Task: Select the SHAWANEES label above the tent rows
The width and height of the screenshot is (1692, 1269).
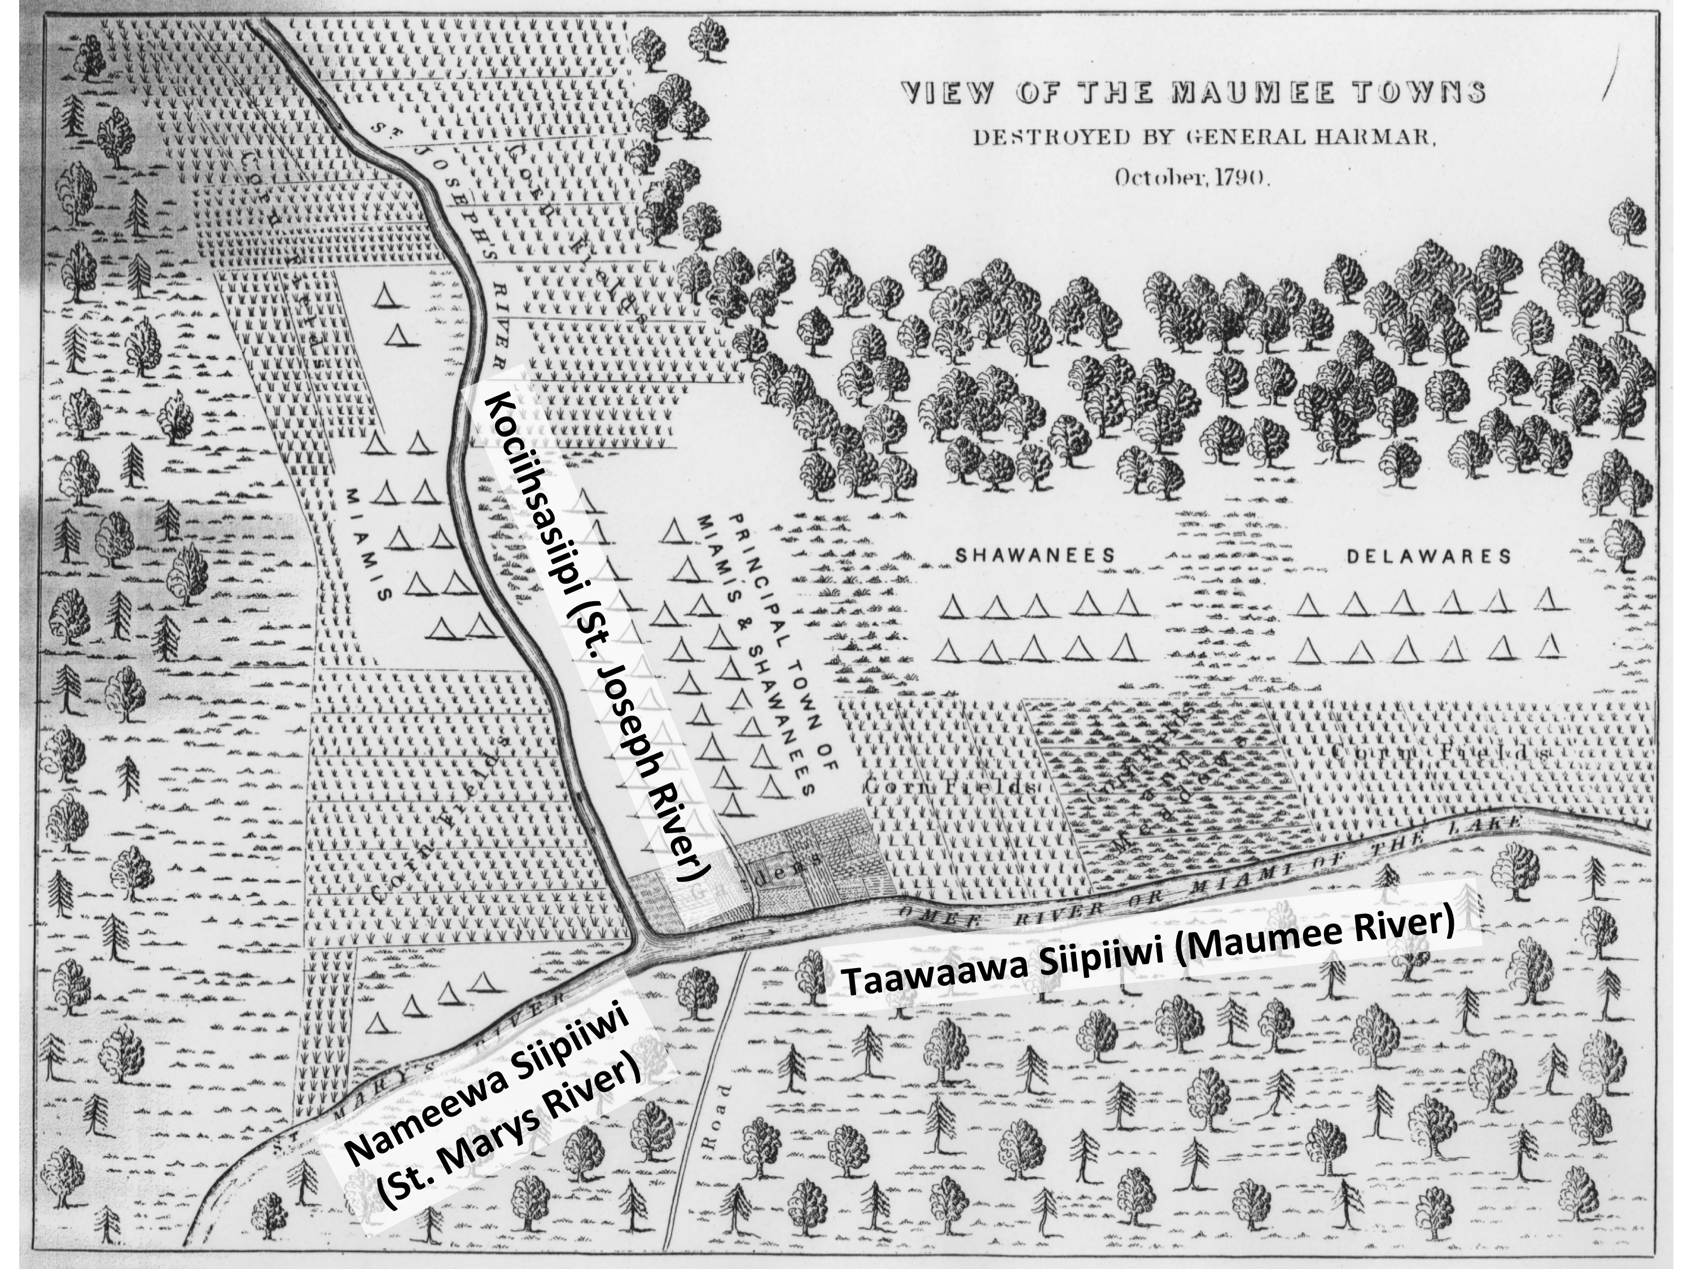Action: (x=1035, y=556)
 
